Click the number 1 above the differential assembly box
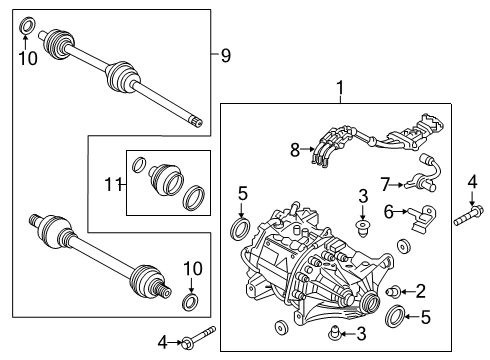[x=341, y=89]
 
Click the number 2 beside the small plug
[x=421, y=291]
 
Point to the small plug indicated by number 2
[x=394, y=291]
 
